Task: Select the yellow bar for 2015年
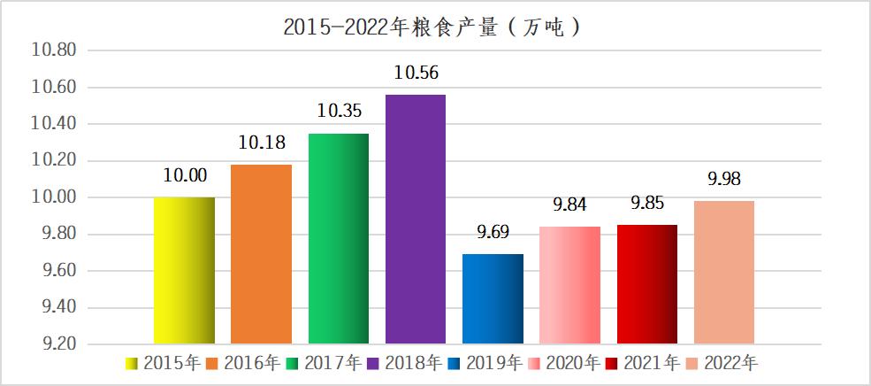[x=184, y=270]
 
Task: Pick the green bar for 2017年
[x=339, y=238]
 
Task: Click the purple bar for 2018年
[x=416, y=219]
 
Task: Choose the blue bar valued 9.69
[x=493, y=299]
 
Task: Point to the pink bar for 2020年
[x=570, y=285]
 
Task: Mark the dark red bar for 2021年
[x=647, y=284]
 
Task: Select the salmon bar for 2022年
[x=724, y=272]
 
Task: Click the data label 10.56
[x=416, y=73]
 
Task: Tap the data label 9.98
[x=724, y=180]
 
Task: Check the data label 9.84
[x=570, y=205]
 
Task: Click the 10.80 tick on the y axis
[x=53, y=50]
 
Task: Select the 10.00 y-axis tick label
[x=53, y=197]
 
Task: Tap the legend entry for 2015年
[x=163, y=362]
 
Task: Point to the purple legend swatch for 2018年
[x=374, y=362]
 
